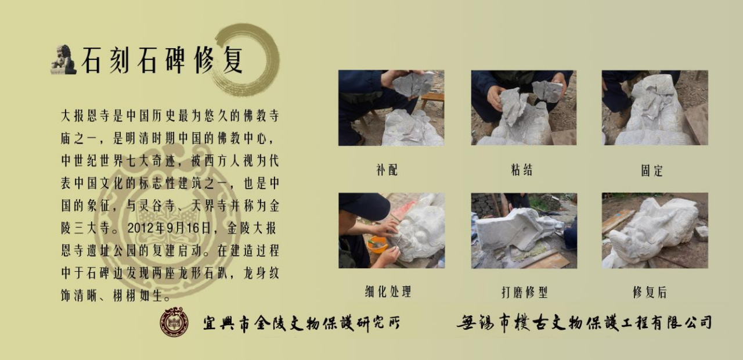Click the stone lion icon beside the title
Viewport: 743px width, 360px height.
64,60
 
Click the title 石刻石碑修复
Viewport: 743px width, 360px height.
163,60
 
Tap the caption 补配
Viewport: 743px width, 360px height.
387,170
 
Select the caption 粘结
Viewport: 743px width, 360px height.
522,170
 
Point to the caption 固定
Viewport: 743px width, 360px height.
652,171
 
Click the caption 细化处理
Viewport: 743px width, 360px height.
388,292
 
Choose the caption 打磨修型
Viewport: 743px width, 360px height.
524,292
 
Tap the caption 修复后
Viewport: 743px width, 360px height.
650,292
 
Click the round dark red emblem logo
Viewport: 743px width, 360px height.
175,322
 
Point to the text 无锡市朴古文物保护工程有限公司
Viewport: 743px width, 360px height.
584,322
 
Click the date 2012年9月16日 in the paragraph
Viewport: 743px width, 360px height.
169,228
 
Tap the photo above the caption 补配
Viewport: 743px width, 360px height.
391,108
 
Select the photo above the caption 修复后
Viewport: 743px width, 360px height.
655,231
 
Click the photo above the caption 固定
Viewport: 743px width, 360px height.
655,108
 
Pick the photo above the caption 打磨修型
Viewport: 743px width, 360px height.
524,231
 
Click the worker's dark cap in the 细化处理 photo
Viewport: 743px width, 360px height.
364,206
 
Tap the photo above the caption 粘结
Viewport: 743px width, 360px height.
524,108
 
